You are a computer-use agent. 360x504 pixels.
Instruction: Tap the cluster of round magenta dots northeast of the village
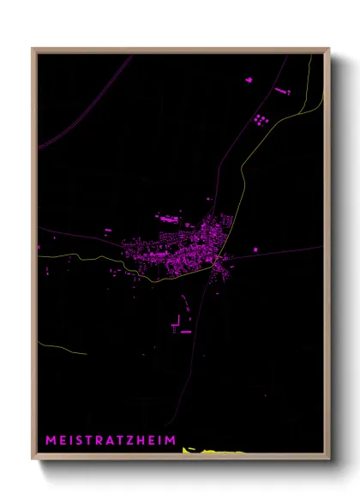[261, 118]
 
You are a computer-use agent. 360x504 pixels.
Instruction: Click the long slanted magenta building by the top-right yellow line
[282, 89]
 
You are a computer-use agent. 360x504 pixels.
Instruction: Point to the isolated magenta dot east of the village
[255, 249]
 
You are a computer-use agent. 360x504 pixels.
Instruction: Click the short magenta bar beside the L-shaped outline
[186, 330]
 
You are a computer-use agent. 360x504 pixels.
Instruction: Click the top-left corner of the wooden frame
[33, 50]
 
